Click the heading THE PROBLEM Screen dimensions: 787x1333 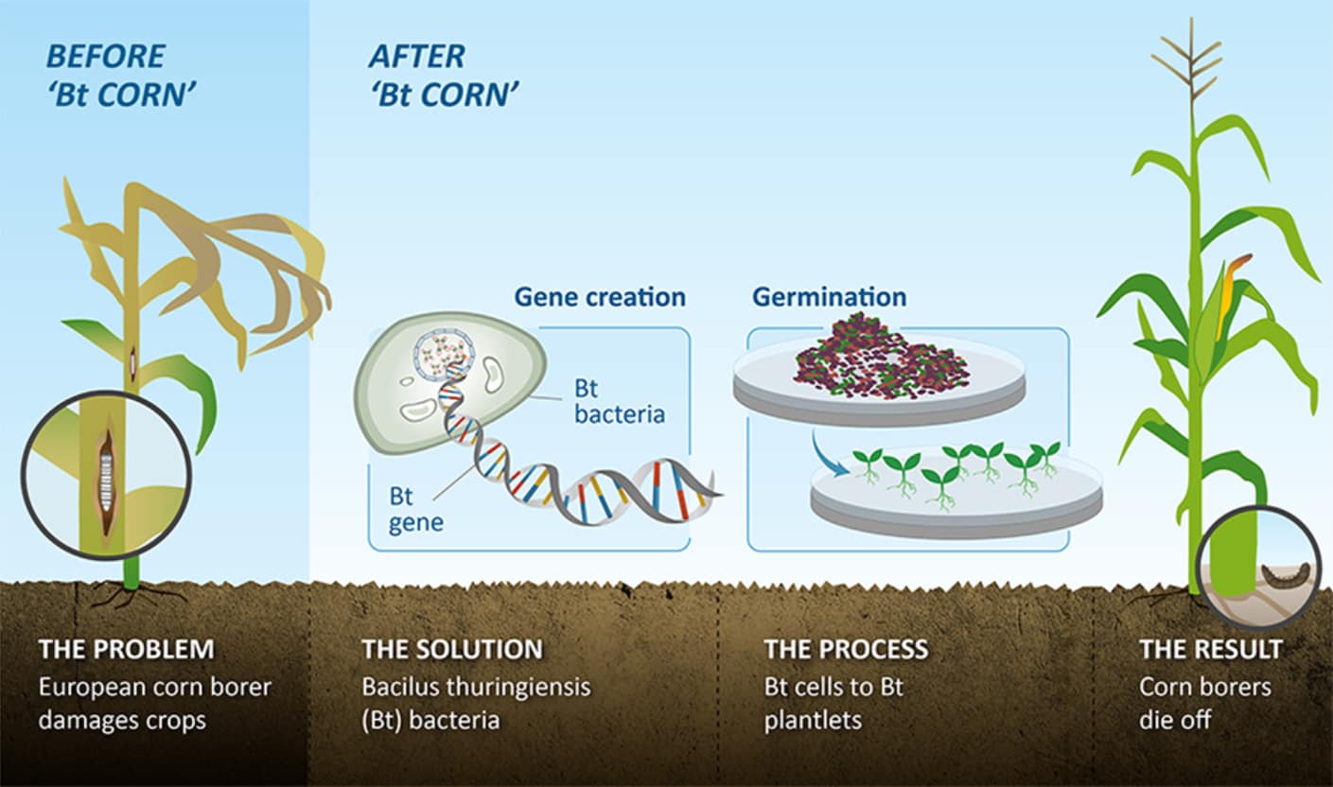tap(126, 650)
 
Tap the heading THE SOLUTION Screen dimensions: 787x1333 tap(452, 650)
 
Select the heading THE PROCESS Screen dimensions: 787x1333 tap(846, 650)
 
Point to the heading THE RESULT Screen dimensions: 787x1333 tap(1211, 650)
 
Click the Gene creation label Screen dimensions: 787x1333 tap(600, 297)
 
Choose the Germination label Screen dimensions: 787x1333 tap(829, 297)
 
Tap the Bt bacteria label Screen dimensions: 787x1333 tap(620, 401)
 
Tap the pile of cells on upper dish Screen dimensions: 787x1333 tap(880, 357)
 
